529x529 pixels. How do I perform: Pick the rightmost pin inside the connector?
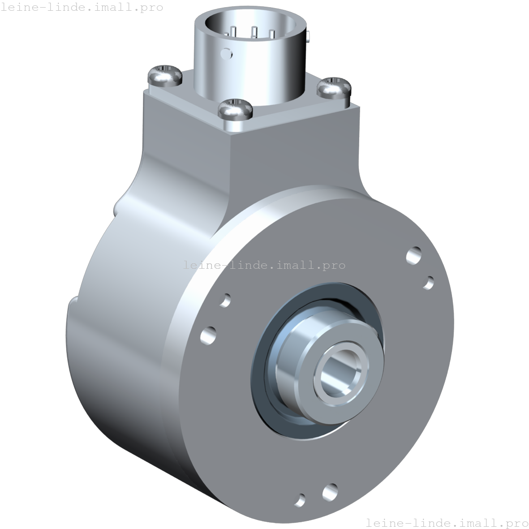[x=272, y=34]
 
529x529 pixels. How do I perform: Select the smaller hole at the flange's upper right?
[x=428, y=283]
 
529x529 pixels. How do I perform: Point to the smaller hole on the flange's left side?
[x=226, y=300]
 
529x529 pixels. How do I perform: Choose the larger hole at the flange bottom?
[x=330, y=492]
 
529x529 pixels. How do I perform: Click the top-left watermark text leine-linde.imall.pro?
[x=82, y=8]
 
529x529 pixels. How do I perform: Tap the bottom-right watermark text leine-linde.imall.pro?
[x=447, y=522]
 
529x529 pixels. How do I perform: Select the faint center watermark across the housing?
[x=264, y=265]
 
